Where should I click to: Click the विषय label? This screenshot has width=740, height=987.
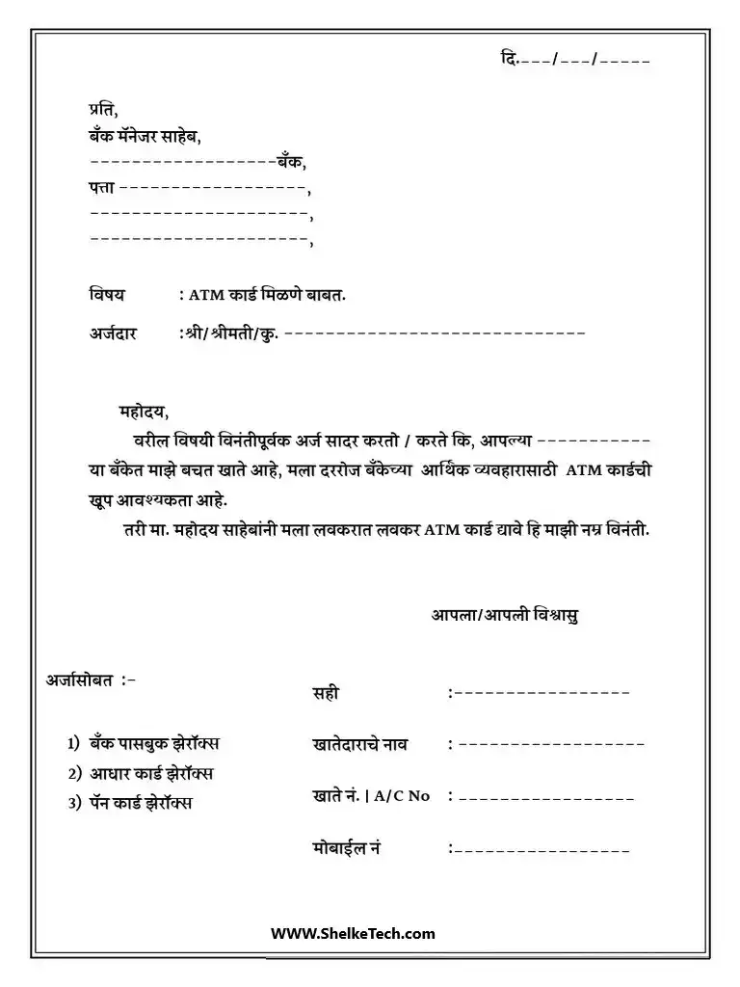point(107,293)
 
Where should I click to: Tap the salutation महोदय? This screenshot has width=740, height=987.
point(143,413)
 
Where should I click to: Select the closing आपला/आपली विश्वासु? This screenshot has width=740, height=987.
point(505,614)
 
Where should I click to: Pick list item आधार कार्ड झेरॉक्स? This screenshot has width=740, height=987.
point(151,773)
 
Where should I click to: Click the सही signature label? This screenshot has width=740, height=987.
point(326,692)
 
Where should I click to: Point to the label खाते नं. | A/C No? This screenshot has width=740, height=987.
point(371,795)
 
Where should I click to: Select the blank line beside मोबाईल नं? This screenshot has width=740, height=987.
point(542,850)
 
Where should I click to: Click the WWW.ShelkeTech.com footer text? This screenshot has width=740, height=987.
point(353,933)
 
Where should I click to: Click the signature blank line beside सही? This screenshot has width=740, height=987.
point(542,692)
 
